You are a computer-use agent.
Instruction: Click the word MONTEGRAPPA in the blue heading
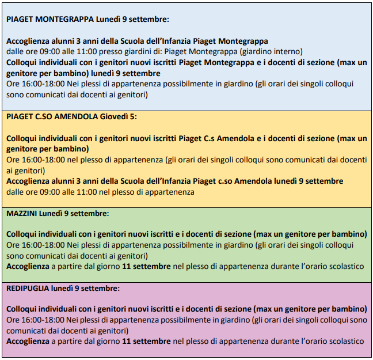pos(65,20)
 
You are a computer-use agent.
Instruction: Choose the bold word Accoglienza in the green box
pos(28,266)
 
